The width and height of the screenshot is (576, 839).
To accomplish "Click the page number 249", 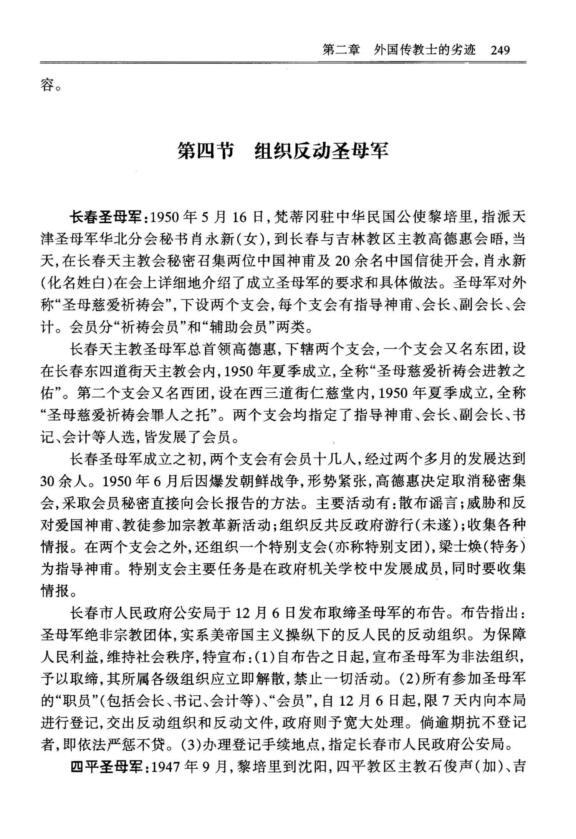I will pos(500,50).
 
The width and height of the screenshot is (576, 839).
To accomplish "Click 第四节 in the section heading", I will pos(206,151).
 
